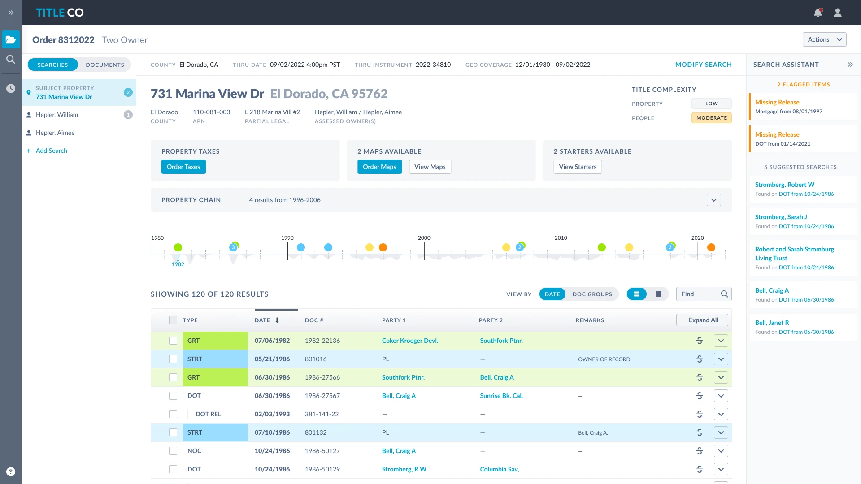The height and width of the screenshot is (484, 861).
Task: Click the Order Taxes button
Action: tap(183, 167)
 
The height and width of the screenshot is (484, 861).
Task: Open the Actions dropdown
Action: tap(824, 39)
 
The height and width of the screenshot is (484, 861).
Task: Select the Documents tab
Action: tap(105, 65)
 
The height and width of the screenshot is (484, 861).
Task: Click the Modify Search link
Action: tap(703, 65)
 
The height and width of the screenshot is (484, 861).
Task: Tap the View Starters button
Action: tap(578, 167)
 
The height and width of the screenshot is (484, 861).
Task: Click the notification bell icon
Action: tap(818, 13)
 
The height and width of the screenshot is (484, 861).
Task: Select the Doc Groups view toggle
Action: tap(592, 294)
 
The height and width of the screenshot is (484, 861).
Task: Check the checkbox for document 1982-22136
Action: tap(173, 341)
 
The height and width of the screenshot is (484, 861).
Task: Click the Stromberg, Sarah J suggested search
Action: tap(781, 217)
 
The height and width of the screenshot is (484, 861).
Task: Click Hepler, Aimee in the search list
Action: tap(55, 133)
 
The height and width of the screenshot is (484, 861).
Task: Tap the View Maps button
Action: tap(430, 167)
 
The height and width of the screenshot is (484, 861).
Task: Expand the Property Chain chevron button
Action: tap(714, 200)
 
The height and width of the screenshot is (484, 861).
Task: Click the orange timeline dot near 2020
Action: tap(711, 247)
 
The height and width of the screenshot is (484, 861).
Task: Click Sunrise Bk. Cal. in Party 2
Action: tap(501, 396)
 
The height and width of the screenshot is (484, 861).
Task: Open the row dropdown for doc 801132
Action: tap(721, 432)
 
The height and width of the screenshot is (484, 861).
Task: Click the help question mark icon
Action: tap(11, 471)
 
